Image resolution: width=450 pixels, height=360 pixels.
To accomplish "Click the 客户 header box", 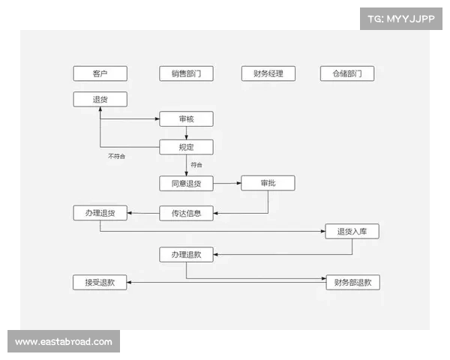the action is point(100,73).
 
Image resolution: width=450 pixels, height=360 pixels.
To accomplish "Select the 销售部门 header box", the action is point(186,73).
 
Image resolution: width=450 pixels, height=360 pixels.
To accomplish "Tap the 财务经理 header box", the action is point(268,73).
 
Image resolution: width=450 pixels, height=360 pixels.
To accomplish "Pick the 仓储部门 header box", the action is point(347,73).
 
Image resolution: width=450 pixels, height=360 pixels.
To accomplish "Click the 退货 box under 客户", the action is point(100,99).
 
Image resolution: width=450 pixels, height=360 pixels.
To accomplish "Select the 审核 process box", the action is point(186,118).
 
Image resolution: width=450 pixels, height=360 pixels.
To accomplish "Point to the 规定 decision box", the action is point(186,147).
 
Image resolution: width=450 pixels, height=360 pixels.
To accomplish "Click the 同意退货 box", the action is point(186,184).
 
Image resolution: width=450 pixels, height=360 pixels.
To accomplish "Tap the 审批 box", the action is point(268,183).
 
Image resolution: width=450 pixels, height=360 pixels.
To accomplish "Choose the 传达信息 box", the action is point(186,213).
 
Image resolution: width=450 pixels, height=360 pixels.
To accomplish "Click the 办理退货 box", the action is point(100,213).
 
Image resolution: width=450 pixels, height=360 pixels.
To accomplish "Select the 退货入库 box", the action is point(352,232).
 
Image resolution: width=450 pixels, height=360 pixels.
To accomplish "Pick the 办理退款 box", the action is point(186,255).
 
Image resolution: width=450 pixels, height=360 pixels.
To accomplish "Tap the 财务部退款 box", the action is point(353,283).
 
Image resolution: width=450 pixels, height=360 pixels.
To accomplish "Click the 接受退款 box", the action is point(100,283).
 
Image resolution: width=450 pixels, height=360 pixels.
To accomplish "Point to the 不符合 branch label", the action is point(116,156).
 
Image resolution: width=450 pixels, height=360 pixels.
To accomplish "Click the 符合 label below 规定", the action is point(196,165).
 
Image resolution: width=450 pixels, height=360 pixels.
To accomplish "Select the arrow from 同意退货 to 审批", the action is point(227,183).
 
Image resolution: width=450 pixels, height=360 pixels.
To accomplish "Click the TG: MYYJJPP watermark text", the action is point(401,19).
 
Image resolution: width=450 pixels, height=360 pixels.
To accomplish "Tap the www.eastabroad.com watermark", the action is point(64,342).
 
